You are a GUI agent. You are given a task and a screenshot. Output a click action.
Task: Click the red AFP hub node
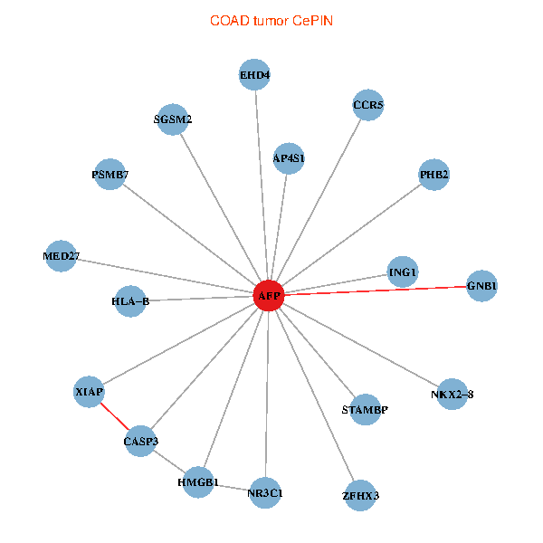pos(268,296)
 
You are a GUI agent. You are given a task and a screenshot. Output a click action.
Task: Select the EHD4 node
pos(255,74)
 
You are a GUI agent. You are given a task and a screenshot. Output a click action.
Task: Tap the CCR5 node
pos(368,106)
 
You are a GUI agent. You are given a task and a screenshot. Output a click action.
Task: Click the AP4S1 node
pos(289,158)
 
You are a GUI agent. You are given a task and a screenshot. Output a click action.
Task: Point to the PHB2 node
pos(434,174)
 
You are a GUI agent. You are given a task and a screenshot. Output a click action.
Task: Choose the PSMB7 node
pos(110,174)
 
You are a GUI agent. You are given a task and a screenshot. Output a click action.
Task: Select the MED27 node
pos(60,256)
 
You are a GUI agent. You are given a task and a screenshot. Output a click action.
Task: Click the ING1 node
pos(403,271)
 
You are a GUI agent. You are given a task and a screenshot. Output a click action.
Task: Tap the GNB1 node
pos(481,286)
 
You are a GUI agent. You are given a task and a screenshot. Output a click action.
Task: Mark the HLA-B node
pos(130,301)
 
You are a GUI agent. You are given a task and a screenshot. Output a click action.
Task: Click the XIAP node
pos(89,392)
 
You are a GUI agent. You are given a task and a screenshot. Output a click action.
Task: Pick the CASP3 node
pos(140,441)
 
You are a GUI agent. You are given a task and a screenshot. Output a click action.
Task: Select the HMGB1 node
pos(198,482)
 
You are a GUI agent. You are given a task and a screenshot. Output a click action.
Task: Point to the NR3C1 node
pos(264,493)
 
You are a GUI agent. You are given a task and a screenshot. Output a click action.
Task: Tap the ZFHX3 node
pos(360,495)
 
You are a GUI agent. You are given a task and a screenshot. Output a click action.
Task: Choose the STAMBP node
pos(365,410)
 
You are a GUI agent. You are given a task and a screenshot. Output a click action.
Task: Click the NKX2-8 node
pos(452,394)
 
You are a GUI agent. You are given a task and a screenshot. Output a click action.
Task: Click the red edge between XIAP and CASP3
pos(115,416)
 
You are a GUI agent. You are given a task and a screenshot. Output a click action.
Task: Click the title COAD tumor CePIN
pos(271,20)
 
